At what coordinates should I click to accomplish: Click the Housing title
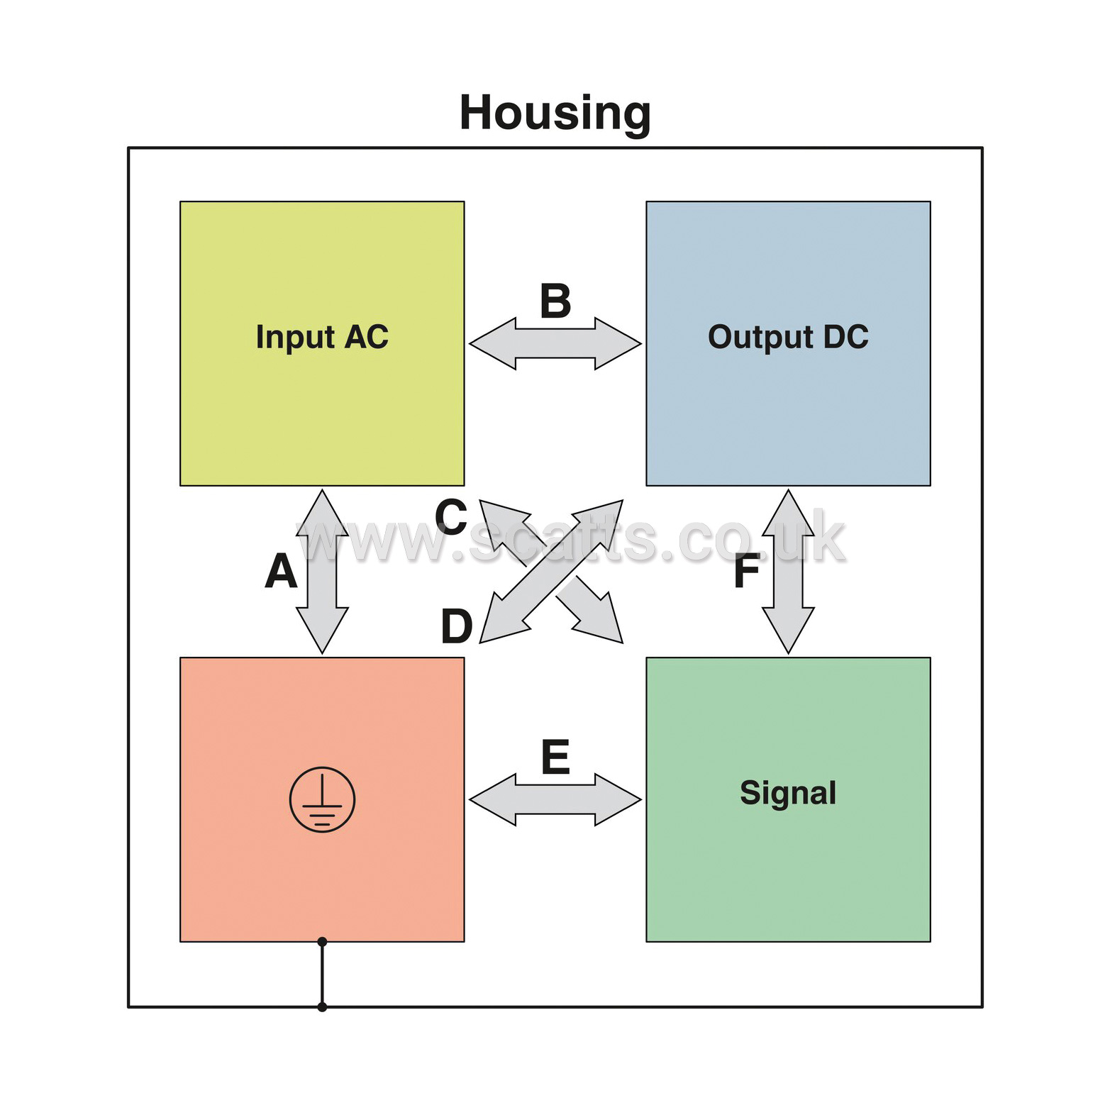tap(555, 113)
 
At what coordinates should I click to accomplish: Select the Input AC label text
tap(322, 338)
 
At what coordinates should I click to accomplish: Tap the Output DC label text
tap(788, 338)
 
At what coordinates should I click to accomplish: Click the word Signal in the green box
tap(788, 793)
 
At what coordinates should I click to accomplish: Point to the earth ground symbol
tap(322, 799)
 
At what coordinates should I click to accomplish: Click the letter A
tap(281, 571)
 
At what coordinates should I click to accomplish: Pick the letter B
tap(555, 301)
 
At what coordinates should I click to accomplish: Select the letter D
tap(457, 626)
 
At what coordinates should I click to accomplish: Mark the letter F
tap(747, 571)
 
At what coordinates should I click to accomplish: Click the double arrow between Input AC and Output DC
tap(555, 344)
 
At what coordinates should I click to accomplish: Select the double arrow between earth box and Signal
tap(555, 800)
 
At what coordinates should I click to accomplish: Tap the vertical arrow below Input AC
tap(322, 571)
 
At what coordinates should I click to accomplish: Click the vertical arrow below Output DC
tap(788, 571)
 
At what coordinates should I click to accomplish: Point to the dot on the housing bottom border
tap(322, 1006)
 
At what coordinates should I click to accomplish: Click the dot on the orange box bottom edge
tap(322, 942)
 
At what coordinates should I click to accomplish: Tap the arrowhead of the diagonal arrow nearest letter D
tap(500, 623)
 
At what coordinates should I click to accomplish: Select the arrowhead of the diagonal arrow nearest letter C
tap(500, 520)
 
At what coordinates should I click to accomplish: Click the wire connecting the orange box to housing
tap(322, 975)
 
